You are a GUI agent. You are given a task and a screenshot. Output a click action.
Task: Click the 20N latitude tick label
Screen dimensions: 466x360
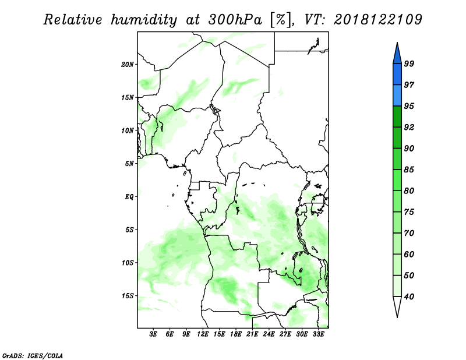click(128, 64)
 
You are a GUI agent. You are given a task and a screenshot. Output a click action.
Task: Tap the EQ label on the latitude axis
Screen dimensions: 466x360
click(129, 197)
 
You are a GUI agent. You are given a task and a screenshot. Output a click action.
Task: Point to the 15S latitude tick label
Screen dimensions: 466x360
click(128, 296)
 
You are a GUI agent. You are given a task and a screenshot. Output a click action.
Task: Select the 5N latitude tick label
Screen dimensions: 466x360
click(129, 164)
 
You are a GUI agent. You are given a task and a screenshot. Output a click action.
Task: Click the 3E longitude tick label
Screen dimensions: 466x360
click(153, 334)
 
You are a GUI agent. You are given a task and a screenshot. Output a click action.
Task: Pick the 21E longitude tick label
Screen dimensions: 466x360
click(252, 334)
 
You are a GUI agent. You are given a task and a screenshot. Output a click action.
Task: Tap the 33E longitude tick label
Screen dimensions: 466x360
click(318, 334)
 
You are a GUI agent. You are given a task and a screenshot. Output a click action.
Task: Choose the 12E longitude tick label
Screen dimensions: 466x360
click(203, 334)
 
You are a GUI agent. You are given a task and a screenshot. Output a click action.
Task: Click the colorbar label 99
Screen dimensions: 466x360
click(409, 63)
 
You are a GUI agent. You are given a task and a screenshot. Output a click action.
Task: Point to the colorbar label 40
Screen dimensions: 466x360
click(409, 297)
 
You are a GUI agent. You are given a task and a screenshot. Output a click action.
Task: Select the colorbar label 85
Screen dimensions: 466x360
click(409, 170)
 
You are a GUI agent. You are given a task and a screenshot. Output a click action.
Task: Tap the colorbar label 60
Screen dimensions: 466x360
click(409, 254)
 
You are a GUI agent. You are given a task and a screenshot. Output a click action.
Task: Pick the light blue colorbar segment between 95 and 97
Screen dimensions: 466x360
click(397, 96)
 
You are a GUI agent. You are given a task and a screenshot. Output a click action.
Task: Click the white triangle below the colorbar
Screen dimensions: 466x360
click(397, 306)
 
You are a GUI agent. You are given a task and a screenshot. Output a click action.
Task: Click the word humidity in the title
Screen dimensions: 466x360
click(144, 20)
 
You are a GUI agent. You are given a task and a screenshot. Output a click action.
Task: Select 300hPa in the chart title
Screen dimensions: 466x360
click(235, 20)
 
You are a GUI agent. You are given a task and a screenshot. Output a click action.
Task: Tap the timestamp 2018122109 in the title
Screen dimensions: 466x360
click(377, 20)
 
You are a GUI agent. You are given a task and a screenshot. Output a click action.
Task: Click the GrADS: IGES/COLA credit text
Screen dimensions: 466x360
click(33, 355)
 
